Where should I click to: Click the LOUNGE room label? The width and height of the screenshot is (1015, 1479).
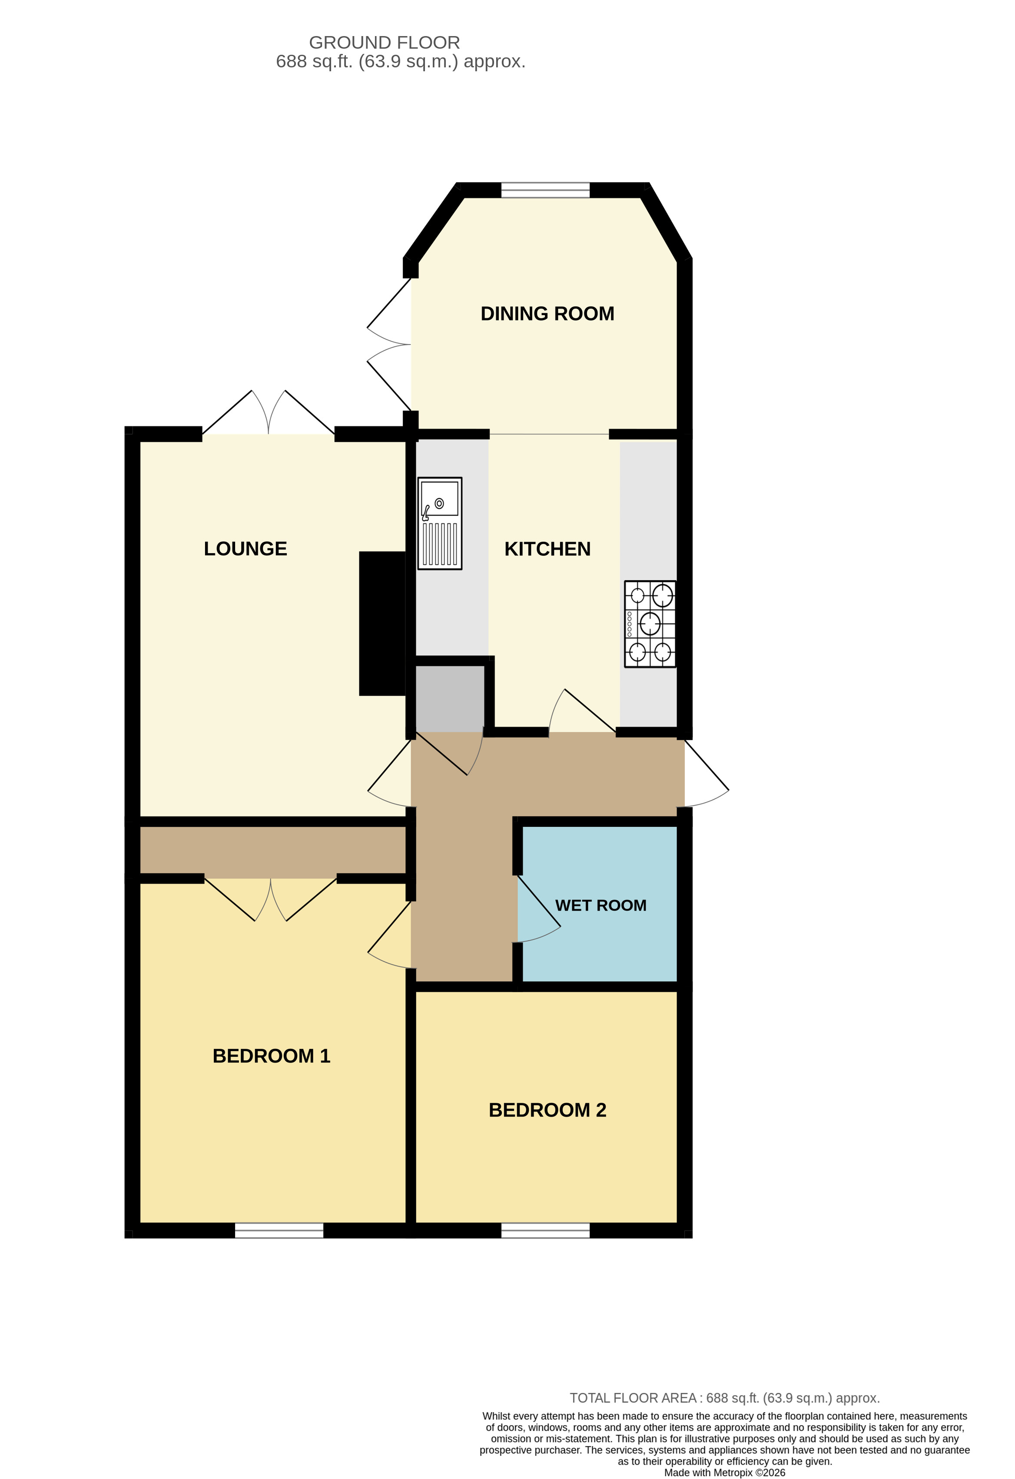pos(245,549)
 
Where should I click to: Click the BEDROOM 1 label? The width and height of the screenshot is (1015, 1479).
pos(271,1056)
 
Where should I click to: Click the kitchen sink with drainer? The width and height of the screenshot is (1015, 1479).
pos(439,523)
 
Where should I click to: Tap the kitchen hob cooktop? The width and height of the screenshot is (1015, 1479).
pos(649,623)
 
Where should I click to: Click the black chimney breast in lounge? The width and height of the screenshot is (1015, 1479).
pos(382,623)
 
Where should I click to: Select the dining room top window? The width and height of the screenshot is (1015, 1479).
pos(545,189)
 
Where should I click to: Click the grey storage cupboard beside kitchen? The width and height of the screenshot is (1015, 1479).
pos(449,698)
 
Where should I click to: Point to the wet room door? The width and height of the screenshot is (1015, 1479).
pos(538,910)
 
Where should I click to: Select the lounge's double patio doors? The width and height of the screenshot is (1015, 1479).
pos(268,414)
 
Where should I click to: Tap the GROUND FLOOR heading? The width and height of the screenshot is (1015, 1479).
pos(385,43)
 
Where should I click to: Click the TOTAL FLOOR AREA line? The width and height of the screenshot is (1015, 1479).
pos(724,1398)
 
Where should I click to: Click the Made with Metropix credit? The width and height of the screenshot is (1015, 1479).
pos(724,1472)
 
